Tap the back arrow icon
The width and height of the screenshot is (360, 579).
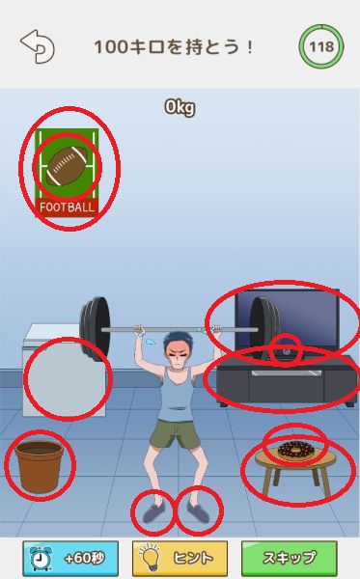coord(38,46)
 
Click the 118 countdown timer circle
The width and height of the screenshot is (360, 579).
coord(321,47)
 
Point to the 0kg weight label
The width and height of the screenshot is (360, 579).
coord(180,107)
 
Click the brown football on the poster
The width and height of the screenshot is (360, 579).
coord(67,167)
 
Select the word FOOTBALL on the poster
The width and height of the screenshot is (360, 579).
coord(67,207)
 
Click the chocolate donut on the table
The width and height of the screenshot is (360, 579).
coord(295,449)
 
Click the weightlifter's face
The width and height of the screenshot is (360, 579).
coord(179,354)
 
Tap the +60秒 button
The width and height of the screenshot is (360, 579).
coord(70,558)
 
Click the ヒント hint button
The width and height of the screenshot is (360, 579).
coord(180,558)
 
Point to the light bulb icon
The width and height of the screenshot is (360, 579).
coord(151,558)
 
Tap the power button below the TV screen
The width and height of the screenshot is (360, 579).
coord(286,351)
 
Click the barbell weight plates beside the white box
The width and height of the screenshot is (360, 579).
coord(95,329)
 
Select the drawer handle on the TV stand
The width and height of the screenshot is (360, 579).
coord(284,373)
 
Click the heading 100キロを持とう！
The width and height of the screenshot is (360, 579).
coord(174,47)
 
